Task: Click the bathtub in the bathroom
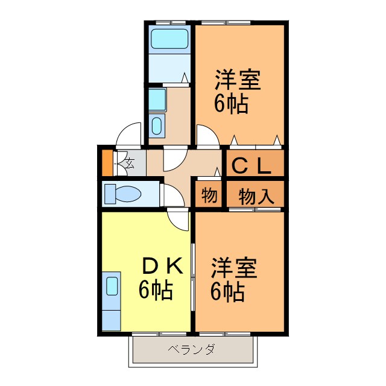169,40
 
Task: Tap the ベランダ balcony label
191,350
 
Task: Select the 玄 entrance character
129,162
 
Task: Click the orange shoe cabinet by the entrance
107,162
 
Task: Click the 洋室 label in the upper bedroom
238,81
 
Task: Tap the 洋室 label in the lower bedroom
233,268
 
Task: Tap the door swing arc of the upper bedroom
205,136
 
